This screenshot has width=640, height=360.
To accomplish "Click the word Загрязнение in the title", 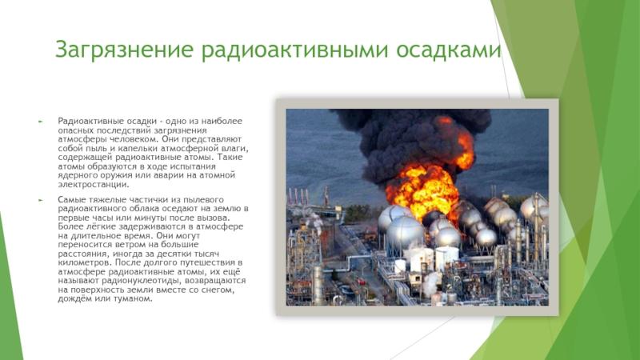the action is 124,50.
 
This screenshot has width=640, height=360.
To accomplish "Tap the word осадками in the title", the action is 448,50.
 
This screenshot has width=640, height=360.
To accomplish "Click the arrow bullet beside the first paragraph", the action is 41,122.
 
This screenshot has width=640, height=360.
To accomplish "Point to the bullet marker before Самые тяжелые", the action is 41,200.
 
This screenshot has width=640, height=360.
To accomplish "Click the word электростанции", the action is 94,185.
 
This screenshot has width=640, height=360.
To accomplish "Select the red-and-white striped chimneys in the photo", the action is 298,197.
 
